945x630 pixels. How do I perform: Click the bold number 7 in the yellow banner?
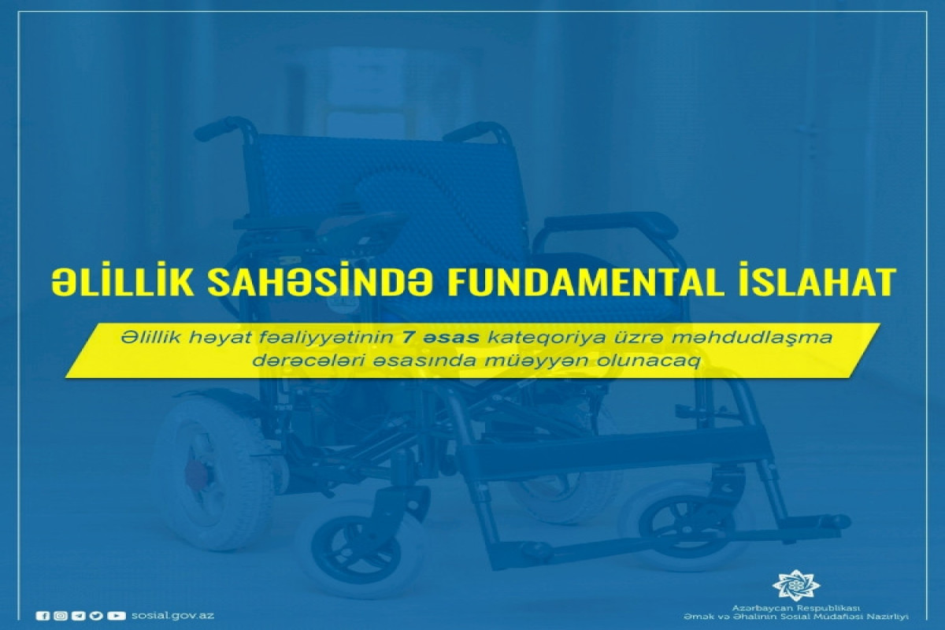407,338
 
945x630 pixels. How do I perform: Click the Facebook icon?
43,616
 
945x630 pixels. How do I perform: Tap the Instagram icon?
61,616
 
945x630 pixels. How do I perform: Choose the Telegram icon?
79,616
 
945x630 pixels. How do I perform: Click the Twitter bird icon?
96,616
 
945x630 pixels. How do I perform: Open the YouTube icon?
116,616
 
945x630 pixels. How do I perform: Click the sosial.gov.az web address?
172,615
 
